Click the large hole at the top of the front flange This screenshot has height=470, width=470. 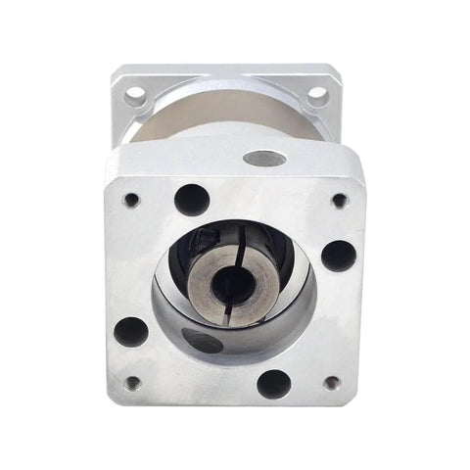(x=192, y=200)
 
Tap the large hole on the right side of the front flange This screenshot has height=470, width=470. (x=338, y=256)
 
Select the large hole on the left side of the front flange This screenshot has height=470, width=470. (x=131, y=330)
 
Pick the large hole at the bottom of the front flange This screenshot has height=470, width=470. (x=274, y=383)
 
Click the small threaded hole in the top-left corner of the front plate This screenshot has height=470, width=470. (x=131, y=201)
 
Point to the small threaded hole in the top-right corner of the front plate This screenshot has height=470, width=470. (x=340, y=201)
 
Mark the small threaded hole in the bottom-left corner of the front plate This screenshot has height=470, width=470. (x=133, y=383)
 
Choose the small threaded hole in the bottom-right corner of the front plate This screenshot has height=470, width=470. (x=332, y=383)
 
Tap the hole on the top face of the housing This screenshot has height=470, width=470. (x=264, y=158)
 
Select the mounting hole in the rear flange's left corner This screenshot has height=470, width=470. (x=136, y=96)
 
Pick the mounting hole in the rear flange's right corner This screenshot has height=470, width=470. (x=317, y=96)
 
